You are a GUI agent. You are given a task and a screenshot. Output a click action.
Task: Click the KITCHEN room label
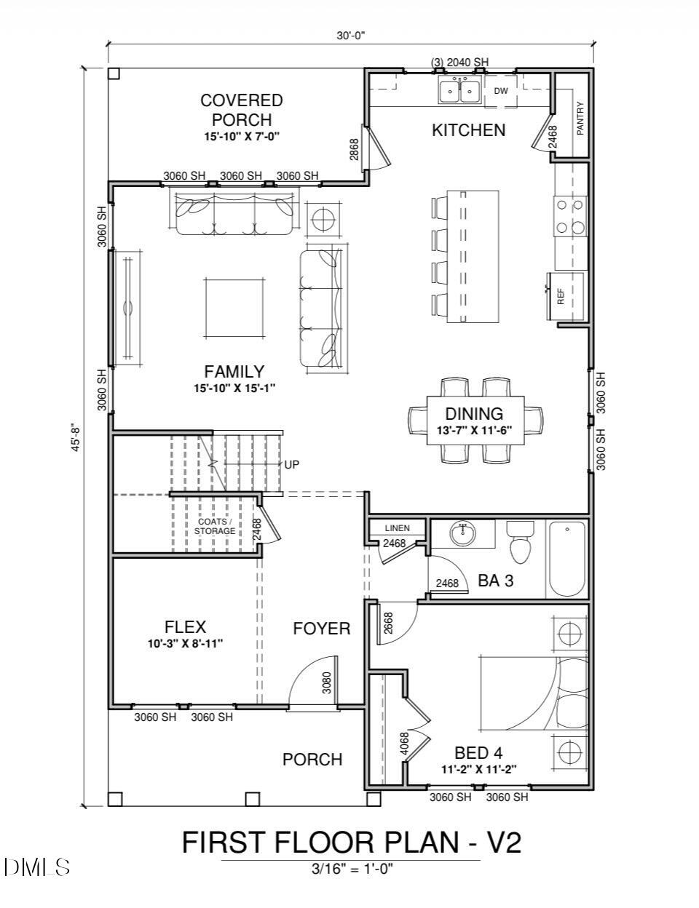pyautogui.click(x=468, y=130)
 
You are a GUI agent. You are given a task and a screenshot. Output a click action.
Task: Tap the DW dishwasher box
pyautogui.click(x=501, y=91)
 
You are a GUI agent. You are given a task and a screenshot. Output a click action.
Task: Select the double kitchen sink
pyautogui.click(x=459, y=90)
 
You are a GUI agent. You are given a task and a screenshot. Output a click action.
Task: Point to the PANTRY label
pyautogui.click(x=580, y=118)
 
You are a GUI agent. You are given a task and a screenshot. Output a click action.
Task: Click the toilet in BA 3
pyautogui.click(x=520, y=542)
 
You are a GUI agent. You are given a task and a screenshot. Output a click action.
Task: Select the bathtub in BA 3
pyautogui.click(x=566, y=558)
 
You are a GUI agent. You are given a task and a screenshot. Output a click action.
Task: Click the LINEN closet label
pyautogui.click(x=397, y=528)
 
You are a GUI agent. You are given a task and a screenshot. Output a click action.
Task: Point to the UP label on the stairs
pyautogui.click(x=292, y=464)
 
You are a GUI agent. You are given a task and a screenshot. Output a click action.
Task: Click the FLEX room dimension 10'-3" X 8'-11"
pyautogui.click(x=184, y=643)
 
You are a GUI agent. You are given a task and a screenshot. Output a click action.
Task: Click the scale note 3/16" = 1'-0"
pyautogui.click(x=352, y=868)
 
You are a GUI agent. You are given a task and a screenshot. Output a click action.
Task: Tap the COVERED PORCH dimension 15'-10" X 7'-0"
pyautogui.click(x=242, y=136)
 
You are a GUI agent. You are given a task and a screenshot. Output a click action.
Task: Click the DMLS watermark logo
pyautogui.click(x=36, y=867)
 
